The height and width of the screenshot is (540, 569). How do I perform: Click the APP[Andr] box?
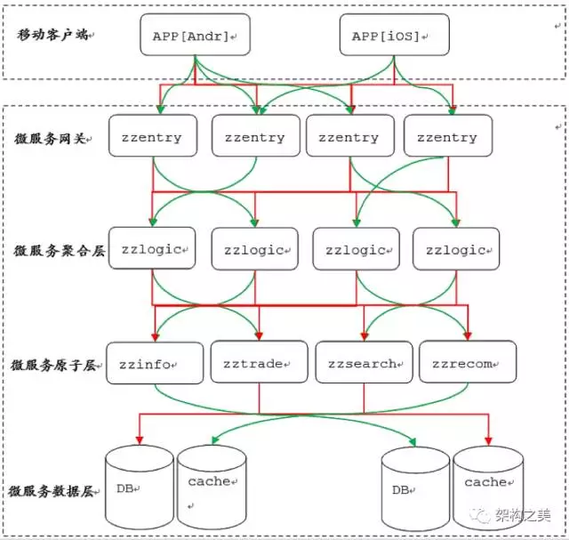pos(196,35)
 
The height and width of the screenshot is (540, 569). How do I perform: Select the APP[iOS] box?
pos(395,35)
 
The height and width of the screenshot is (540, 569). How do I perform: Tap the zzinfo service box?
pos(155,363)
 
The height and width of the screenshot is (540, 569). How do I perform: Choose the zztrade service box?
pos(259,362)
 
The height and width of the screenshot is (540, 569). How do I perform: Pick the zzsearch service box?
pos(364,362)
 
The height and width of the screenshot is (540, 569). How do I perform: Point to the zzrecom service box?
pos(468,362)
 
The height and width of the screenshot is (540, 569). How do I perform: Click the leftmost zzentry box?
pos(153,136)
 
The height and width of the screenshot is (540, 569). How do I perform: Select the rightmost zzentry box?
pos(448,136)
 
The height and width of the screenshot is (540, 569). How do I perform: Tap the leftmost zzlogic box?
pos(152,248)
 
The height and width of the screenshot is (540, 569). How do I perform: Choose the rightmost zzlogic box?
pos(456,249)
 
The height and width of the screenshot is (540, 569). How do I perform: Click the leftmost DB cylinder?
pos(140,487)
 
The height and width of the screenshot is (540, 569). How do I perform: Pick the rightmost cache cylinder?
pos(488,488)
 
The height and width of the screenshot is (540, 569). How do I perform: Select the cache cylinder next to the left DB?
pos(212,487)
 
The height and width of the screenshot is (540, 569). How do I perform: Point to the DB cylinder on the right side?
pos(415,488)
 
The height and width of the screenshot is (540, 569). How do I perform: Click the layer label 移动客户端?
pos(52,35)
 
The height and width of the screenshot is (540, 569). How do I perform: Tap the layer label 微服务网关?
pos(51,139)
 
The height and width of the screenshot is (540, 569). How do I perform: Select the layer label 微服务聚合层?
pos(60,251)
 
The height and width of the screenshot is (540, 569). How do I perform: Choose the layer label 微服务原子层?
pos(53,365)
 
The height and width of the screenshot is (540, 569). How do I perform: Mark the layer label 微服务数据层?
pos(52,491)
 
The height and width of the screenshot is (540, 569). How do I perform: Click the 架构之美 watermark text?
pos(523,515)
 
